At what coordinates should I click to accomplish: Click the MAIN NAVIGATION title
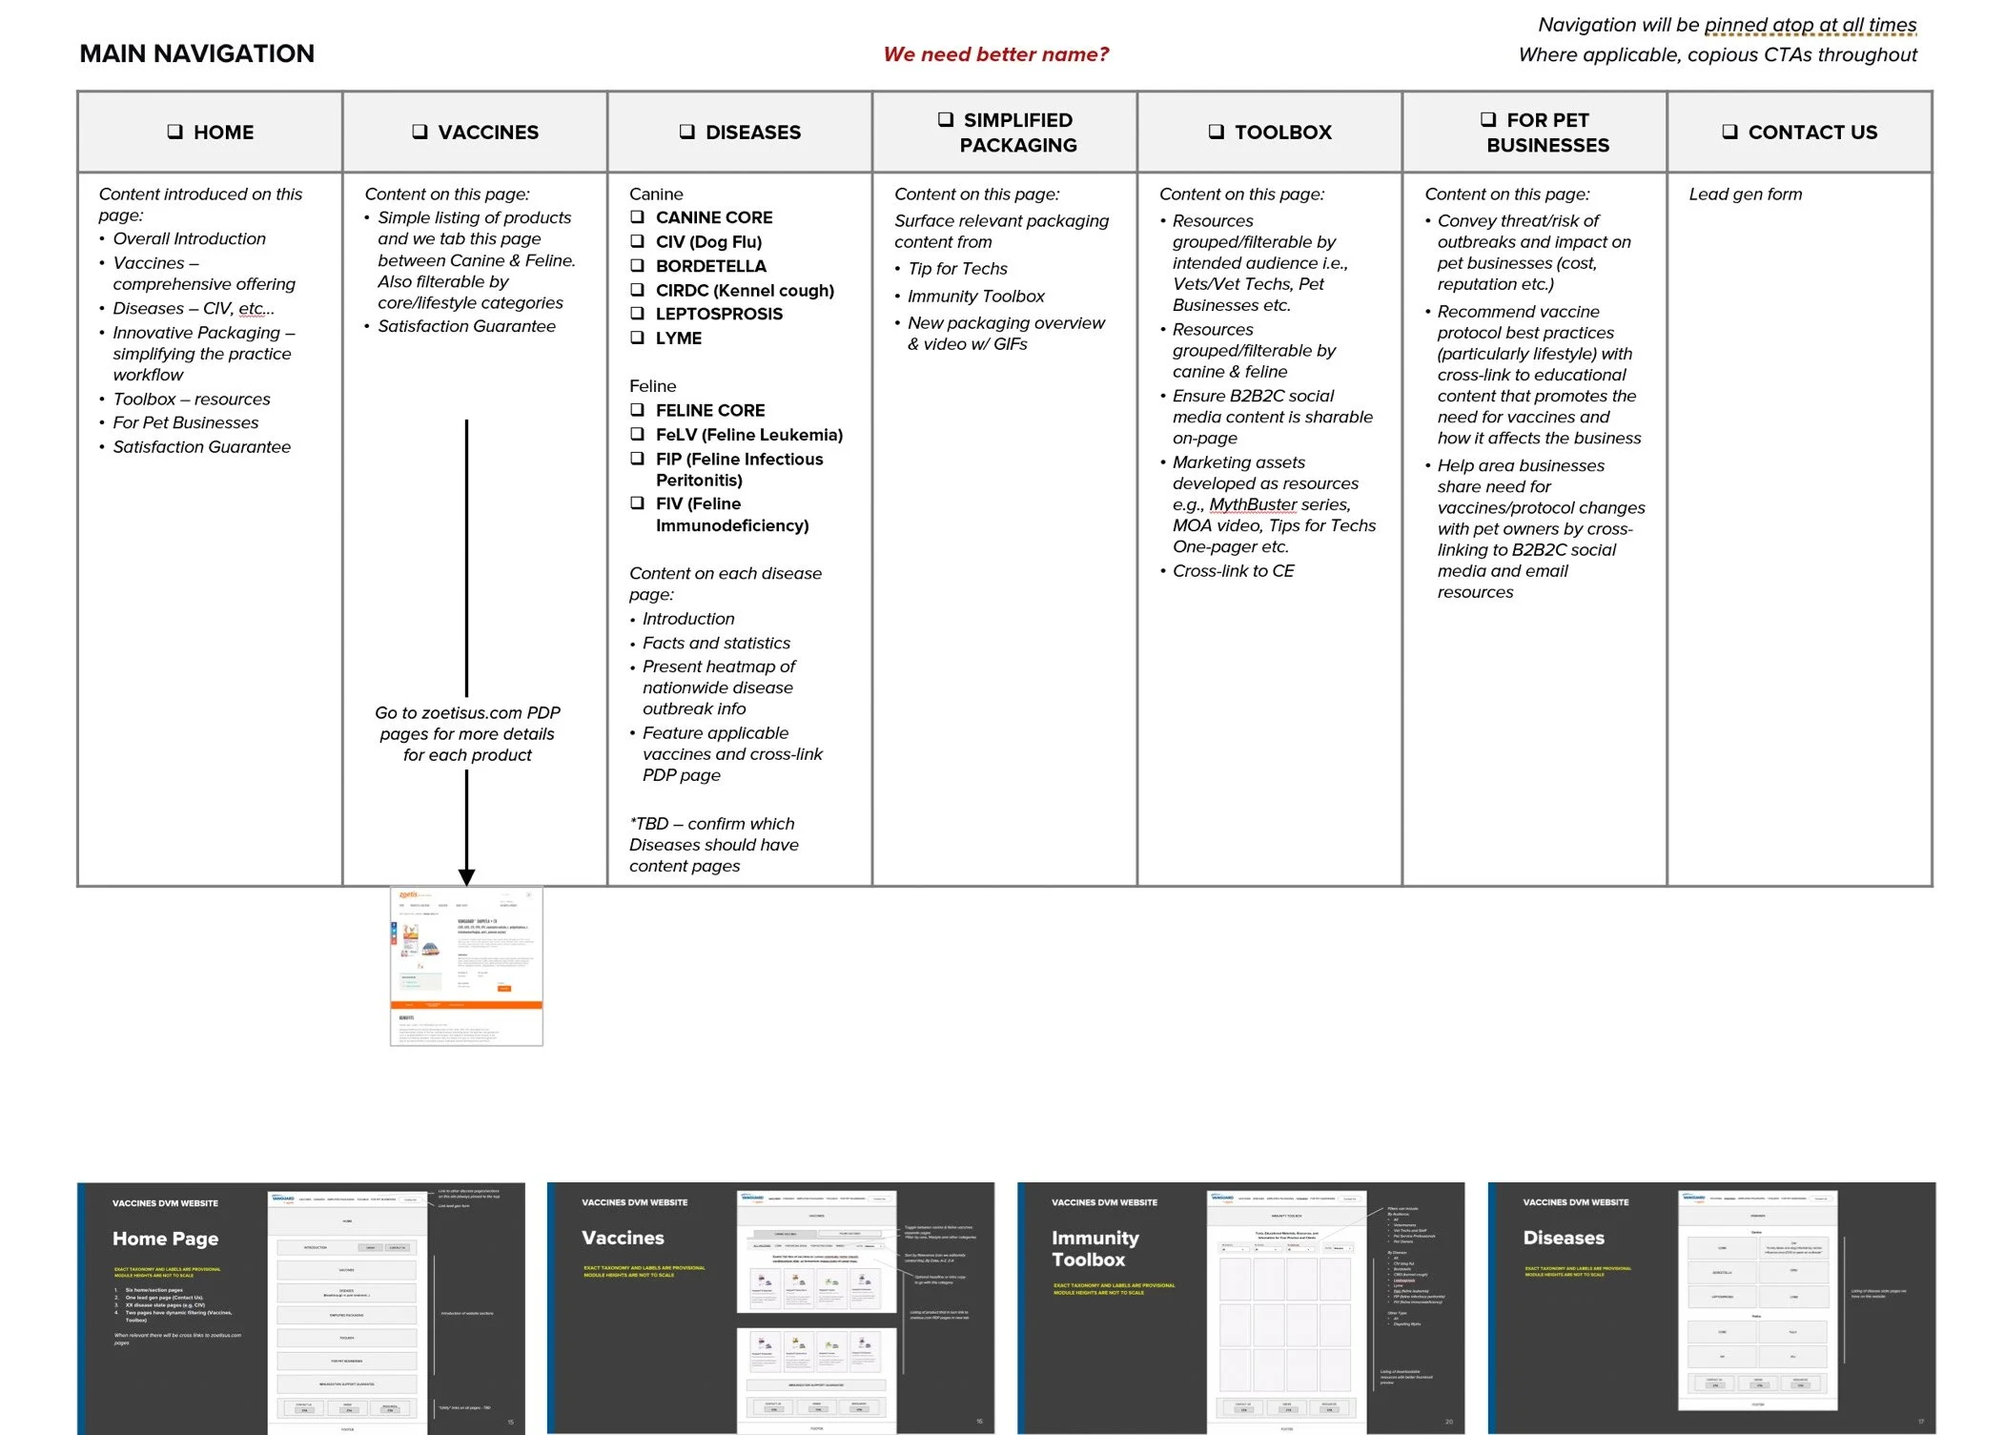[196, 53]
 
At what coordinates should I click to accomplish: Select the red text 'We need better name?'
[995, 54]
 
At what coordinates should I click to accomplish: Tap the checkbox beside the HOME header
[174, 132]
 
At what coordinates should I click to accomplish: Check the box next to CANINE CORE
[637, 217]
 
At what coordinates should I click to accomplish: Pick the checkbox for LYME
[637, 338]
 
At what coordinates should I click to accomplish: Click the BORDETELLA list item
[710, 266]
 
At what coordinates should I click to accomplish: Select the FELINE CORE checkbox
[637, 410]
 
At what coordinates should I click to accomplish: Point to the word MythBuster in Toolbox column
[1253, 504]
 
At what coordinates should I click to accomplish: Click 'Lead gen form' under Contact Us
[1745, 195]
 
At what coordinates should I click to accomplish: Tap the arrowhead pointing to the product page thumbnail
[466, 876]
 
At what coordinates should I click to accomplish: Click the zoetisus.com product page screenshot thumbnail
[466, 966]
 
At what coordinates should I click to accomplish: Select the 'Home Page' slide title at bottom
[165, 1239]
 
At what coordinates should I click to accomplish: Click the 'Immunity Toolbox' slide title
[1095, 1248]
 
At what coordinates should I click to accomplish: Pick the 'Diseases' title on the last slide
[1563, 1238]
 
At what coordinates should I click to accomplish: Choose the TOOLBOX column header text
[1282, 133]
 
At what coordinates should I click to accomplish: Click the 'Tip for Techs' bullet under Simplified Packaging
[956, 269]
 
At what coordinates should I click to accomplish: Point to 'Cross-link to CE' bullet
[1233, 571]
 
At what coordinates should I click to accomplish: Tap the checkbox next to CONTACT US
[1729, 132]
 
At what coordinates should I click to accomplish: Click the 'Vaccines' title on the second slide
[623, 1238]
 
